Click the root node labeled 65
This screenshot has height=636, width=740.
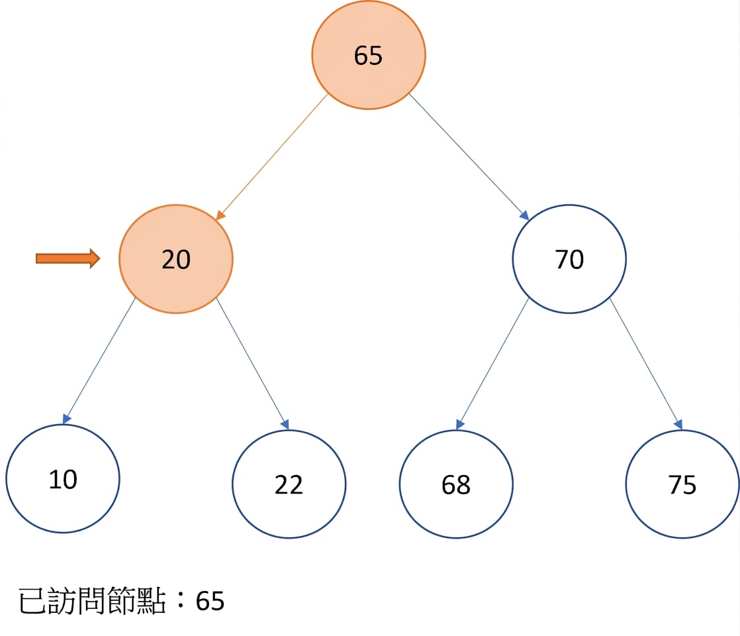pos(369,55)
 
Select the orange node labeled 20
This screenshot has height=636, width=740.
pos(176,259)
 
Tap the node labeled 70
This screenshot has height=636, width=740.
pos(569,259)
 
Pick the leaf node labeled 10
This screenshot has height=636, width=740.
pos(63,478)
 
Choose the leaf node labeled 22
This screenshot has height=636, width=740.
pos(289,484)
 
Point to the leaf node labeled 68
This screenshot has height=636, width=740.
pos(456,484)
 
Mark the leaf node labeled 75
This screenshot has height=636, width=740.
pos(682,484)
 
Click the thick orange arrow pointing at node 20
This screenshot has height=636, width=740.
pos(68,258)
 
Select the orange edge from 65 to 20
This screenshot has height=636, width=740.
pos(272,157)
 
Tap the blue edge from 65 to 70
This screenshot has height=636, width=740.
pos(469,157)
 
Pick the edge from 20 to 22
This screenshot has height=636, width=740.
pos(252,364)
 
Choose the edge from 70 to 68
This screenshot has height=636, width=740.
pos(492,364)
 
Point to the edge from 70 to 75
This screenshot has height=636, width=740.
pos(646,364)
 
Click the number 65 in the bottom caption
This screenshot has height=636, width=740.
pos(210,602)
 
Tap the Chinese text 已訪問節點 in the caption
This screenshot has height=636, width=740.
pos(92,601)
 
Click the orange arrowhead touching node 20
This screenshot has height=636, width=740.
pos(220,215)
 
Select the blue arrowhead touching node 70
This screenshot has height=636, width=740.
pos(524,215)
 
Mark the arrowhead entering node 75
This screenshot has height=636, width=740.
pos(678,424)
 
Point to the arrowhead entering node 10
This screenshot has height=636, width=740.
pos(66,419)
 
